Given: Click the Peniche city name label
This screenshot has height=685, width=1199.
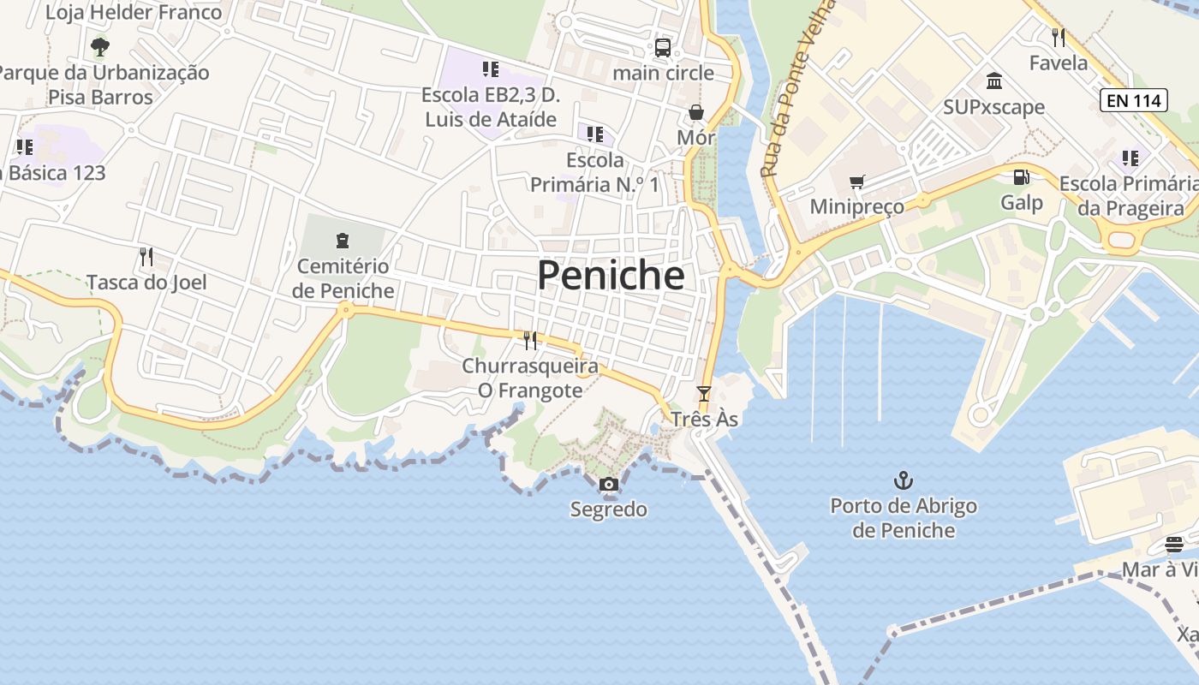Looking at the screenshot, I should pos(611,276).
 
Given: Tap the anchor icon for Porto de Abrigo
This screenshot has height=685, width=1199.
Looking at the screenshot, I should pos(903,479).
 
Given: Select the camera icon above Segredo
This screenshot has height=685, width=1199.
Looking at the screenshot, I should pos(609,485).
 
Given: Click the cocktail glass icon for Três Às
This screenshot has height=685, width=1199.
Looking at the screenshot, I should pos(704,394).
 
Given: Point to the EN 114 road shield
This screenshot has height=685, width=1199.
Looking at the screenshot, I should pos(1134,100).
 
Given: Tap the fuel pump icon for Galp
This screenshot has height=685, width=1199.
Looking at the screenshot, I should pos(1021,177).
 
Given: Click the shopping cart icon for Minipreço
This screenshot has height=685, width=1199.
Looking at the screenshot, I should pos(856,182).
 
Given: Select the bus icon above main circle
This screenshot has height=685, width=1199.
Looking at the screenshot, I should pos(663,47).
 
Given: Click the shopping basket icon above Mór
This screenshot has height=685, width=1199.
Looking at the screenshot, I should pos(696,112).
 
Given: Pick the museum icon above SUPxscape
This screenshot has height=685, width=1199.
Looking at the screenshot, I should pos(994,81).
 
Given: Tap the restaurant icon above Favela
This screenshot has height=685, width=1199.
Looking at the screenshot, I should pos(1059,37).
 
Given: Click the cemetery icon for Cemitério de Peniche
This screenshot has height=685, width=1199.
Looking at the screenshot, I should pos(343,241).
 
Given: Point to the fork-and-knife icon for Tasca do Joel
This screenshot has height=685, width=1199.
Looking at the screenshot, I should pos(146,256).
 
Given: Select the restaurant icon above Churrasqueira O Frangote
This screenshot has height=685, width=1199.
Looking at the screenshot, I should pos(530,341).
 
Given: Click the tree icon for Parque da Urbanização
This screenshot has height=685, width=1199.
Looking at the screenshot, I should pos(100,46).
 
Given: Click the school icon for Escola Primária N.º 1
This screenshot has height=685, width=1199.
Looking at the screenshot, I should pos(595,134).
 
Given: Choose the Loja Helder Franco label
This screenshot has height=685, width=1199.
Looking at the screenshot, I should pos(134,12).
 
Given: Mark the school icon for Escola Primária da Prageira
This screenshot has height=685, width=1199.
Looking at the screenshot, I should pos(1130,158).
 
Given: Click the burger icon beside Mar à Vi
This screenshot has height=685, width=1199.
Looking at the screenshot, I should pos(1174,545).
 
